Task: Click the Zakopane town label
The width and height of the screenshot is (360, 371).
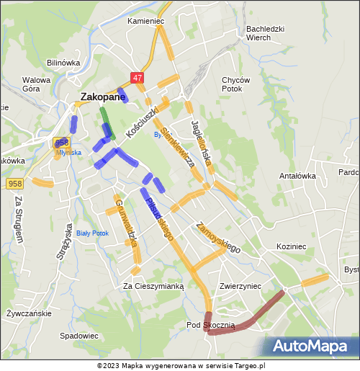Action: pyautogui.click(x=102, y=97)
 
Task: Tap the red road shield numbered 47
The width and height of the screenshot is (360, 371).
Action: pyautogui.click(x=138, y=77)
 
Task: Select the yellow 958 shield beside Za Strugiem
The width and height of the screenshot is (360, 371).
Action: pyautogui.click(x=15, y=184)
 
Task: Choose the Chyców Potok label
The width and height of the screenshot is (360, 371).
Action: pyautogui.click(x=236, y=84)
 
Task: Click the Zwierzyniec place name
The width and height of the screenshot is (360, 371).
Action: pyautogui.click(x=240, y=285)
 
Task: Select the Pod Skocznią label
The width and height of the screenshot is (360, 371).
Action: pyautogui.click(x=210, y=326)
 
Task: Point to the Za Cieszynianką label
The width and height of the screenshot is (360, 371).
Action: pyautogui.click(x=153, y=286)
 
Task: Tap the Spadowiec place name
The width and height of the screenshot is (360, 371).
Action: pyautogui.click(x=79, y=336)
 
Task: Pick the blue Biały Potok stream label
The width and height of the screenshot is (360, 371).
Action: pyautogui.click(x=92, y=233)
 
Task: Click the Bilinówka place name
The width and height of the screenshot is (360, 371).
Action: pyautogui.click(x=63, y=63)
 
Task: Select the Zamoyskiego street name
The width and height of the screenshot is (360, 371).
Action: pyautogui.click(x=217, y=237)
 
